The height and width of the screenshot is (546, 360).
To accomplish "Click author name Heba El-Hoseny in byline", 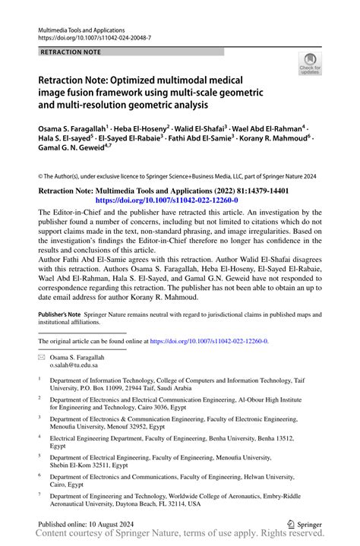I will tap(141, 130).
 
